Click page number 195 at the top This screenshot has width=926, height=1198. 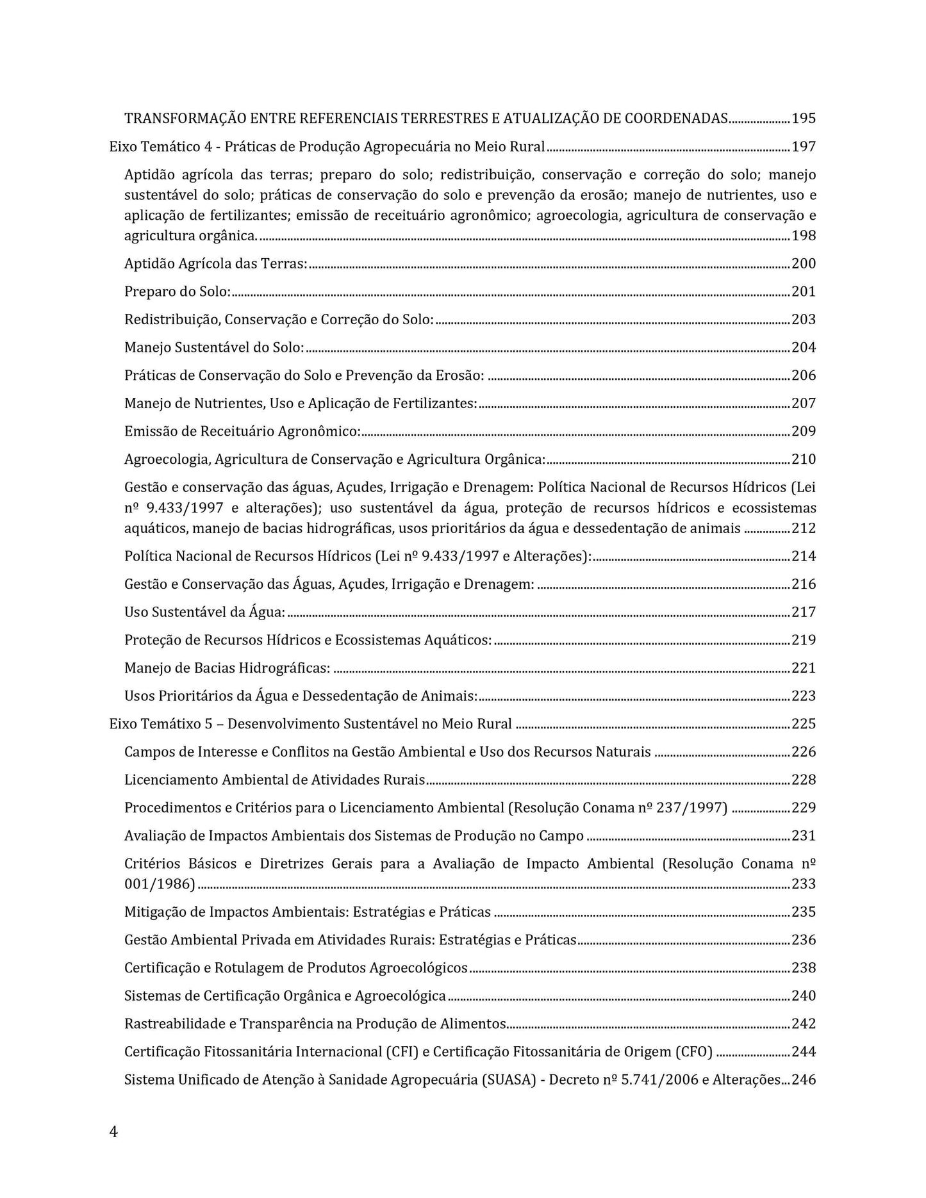click(804, 119)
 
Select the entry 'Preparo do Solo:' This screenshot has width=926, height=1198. click(177, 292)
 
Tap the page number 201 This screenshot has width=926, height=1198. click(804, 292)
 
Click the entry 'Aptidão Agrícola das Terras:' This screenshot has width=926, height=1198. click(215, 264)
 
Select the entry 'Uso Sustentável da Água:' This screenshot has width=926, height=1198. click(204, 612)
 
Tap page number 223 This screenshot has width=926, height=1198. click(804, 696)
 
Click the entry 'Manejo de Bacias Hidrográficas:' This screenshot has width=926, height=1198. click(227, 669)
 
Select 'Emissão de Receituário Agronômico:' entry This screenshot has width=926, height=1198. click(242, 432)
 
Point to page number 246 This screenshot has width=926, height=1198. click(804, 1080)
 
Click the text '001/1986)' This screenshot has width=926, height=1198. click(160, 885)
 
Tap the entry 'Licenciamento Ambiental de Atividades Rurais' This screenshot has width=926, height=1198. click(274, 780)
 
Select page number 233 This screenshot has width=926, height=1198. click(804, 885)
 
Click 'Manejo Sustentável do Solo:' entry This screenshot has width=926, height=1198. click(214, 348)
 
